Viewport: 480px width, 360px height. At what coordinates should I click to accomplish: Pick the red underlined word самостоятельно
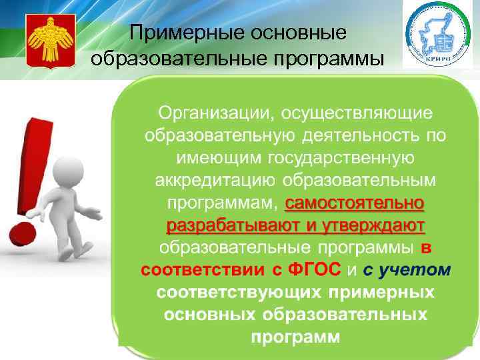(354, 203)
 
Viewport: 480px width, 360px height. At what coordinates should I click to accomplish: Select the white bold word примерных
(381, 293)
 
